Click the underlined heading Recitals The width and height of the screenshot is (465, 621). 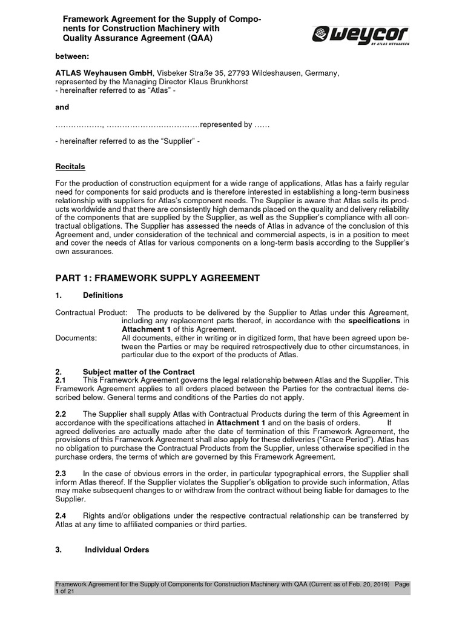coord(70,166)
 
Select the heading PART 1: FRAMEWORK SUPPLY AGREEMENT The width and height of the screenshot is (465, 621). coord(157,278)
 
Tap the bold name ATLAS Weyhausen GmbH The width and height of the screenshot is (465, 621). coord(100,73)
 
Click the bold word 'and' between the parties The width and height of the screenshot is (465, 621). coord(62,107)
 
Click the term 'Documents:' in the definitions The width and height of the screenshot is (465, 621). coord(76,338)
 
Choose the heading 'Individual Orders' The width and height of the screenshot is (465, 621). coord(117,550)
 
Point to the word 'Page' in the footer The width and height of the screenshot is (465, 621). coord(402,584)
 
